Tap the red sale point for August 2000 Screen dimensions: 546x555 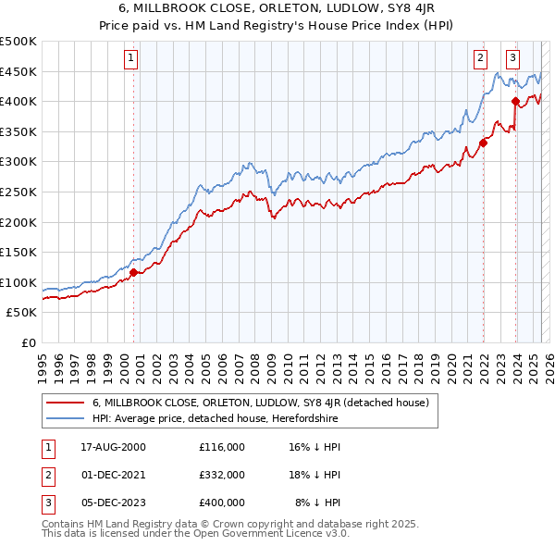pos(133,272)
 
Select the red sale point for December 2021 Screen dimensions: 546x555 pos(483,143)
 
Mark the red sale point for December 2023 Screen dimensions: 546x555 pos(515,101)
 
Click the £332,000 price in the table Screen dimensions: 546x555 pos(221,474)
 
